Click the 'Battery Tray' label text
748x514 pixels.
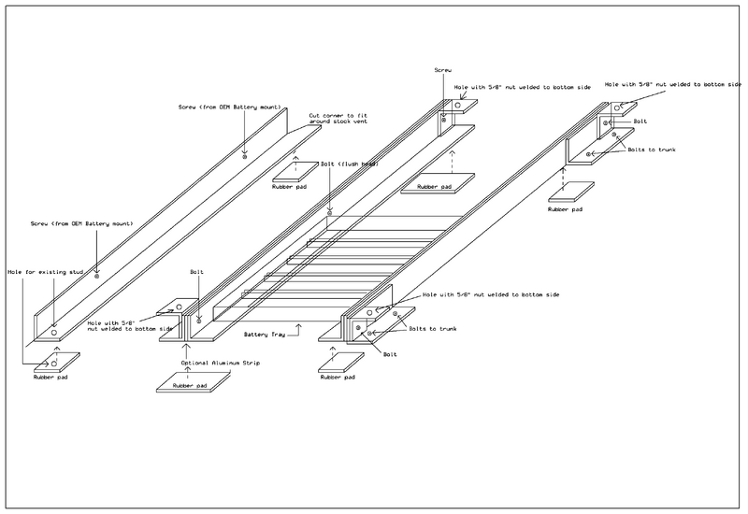tap(266, 332)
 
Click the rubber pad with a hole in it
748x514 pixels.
tap(52, 362)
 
